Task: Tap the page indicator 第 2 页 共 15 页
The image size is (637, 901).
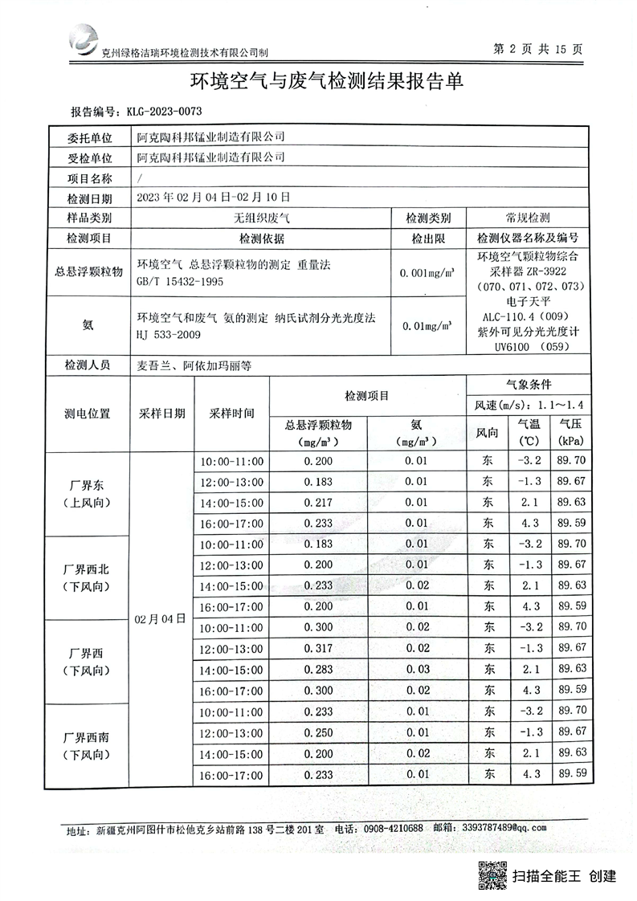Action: pos(537,49)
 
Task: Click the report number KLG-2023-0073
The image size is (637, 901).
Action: pos(160,111)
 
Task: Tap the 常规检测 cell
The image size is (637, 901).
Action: pos(527,218)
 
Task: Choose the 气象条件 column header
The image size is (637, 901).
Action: pos(527,385)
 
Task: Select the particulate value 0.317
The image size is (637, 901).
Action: pos(318,648)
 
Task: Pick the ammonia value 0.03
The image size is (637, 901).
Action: pos(416,669)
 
